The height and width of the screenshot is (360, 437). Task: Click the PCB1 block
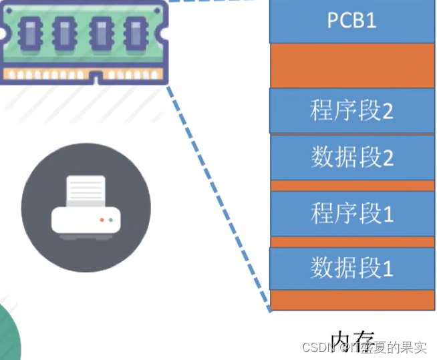(x=351, y=21)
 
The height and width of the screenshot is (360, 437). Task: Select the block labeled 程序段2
(x=351, y=111)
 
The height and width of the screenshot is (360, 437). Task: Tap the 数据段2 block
(x=351, y=158)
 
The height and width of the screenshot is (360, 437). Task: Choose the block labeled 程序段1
(x=351, y=214)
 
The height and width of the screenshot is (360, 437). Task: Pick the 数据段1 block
(x=351, y=268)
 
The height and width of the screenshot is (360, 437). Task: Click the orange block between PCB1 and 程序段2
(x=351, y=65)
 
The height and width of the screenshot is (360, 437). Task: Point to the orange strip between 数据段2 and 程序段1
(x=351, y=186)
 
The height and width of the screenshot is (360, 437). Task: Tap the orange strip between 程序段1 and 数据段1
(x=351, y=241)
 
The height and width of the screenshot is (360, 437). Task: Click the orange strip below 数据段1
(x=351, y=300)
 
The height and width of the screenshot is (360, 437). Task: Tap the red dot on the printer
(x=102, y=219)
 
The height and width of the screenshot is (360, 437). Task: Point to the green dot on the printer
(x=110, y=219)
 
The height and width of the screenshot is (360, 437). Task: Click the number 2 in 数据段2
(x=387, y=158)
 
